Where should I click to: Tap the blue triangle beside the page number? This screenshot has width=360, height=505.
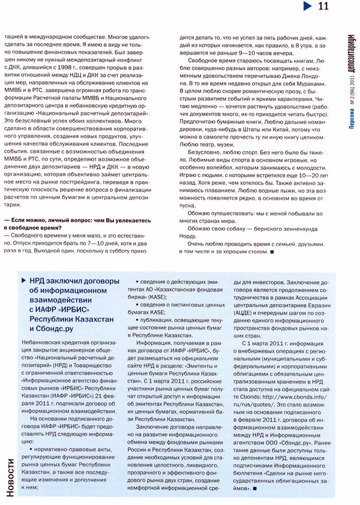point(306,7)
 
